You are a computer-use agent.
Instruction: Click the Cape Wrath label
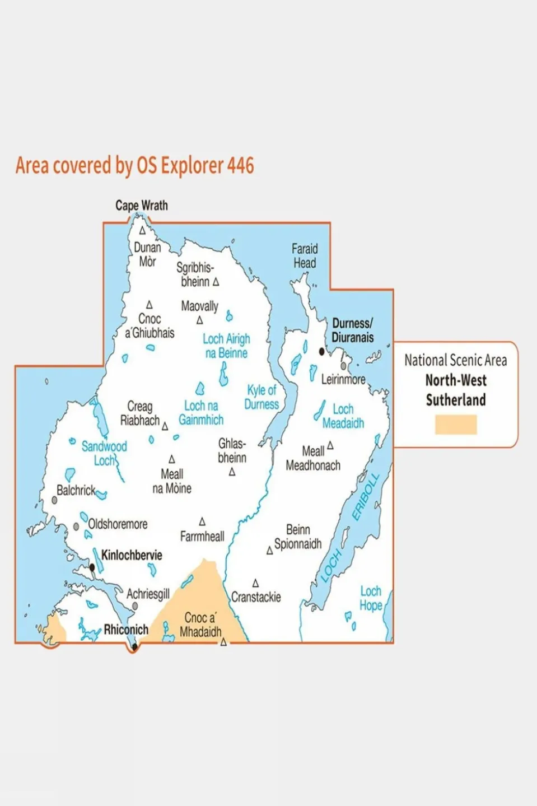pos(141,206)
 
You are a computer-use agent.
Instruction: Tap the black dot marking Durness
pos(321,352)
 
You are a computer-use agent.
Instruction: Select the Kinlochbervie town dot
pos(92,567)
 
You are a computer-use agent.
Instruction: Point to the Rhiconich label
pos(126,630)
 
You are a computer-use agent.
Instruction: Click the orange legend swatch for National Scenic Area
pos(456,425)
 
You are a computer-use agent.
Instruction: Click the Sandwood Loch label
pos(104,453)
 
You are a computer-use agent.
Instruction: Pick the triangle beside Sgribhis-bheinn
pos(216,282)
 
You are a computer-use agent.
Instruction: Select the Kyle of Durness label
pos(262,397)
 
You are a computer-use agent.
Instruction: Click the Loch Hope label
pos(371,598)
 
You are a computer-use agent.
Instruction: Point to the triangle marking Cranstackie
pos(255,584)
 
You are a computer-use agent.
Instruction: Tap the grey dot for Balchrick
pos(54,500)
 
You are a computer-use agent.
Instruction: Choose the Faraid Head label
pos(305,255)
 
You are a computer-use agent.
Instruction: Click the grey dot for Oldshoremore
pos(76,527)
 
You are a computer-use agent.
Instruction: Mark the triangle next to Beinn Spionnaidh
pos(269,551)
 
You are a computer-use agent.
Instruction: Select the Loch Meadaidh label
pos(343,416)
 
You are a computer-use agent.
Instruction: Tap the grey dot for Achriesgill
pos(135,606)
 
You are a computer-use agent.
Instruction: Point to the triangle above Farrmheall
pos(202,521)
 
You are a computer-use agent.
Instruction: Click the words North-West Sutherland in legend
pos(456,390)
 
